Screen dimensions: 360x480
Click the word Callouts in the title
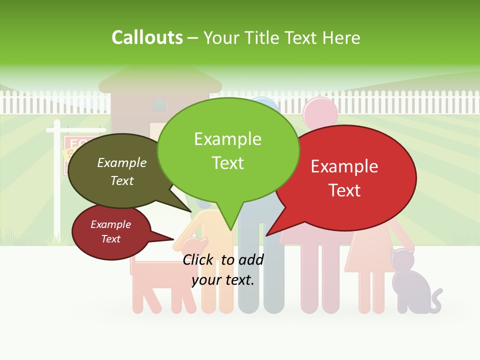(x=147, y=37)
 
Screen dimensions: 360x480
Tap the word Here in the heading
(x=341, y=37)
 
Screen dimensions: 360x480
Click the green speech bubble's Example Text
(x=228, y=150)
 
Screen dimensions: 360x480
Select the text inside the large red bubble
(x=344, y=178)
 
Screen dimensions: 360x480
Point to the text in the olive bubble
(x=122, y=171)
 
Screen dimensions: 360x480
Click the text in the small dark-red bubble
(x=111, y=231)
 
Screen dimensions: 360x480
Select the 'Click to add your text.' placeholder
(x=223, y=269)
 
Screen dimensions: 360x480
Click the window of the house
(x=160, y=105)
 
